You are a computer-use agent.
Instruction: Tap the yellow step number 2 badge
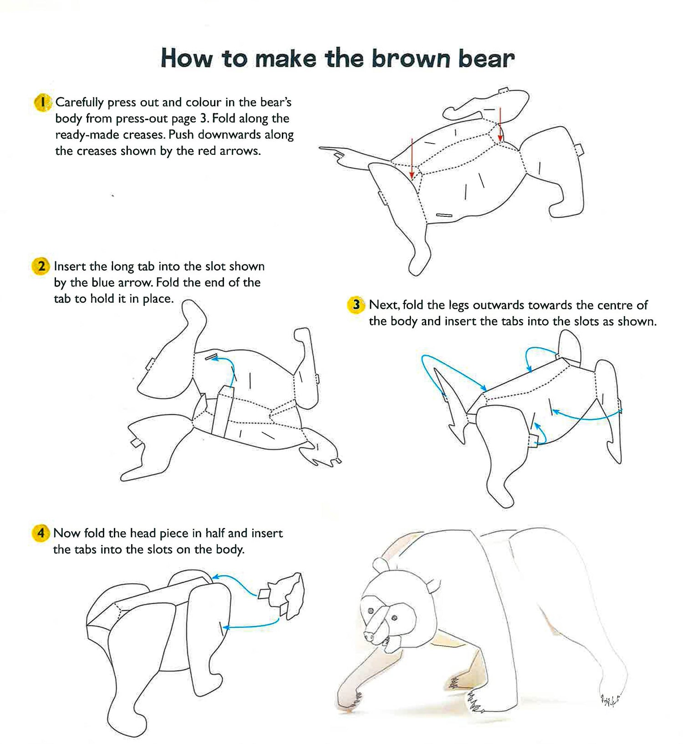(x=41, y=266)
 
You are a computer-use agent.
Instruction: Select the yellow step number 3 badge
(x=356, y=305)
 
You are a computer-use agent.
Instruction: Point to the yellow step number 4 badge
(x=41, y=533)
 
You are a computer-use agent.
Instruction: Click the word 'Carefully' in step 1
(x=80, y=103)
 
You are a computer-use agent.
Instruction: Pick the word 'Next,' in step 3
(x=384, y=305)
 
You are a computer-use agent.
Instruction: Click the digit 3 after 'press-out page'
(x=203, y=119)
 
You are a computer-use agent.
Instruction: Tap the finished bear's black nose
(x=367, y=635)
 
